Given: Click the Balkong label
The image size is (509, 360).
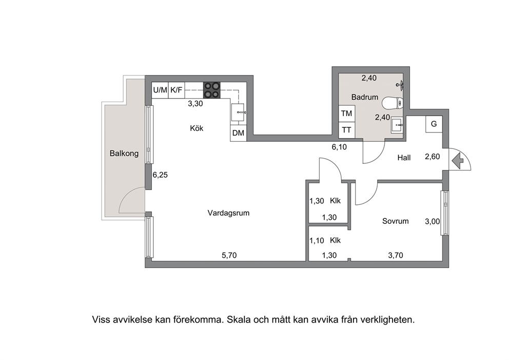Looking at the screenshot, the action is (124, 154).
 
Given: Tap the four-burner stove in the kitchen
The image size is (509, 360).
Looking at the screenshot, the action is (212, 90).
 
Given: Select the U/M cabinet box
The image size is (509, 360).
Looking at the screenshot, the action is (160, 90).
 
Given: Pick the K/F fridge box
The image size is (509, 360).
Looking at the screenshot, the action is (177, 90).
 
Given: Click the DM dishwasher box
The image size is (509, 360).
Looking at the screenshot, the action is (238, 133).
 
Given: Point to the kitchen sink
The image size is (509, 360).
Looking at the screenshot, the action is (239, 113).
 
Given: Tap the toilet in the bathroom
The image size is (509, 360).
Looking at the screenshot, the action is (393, 104).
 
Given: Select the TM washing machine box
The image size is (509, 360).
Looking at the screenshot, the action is (347, 113).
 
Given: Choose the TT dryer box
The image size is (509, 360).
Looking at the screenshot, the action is (347, 130).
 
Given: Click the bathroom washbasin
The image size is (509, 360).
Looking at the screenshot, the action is (397, 125).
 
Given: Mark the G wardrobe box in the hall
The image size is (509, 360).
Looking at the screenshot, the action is (434, 124).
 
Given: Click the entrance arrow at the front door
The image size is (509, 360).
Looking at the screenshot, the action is (457, 161).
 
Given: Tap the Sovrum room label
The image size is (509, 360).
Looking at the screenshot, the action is (396, 221).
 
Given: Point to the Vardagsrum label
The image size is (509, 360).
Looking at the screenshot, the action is (228, 213).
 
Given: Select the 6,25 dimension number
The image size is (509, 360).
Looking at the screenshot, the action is (160, 175).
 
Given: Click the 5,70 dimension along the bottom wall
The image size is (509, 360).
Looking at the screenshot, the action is (229, 255).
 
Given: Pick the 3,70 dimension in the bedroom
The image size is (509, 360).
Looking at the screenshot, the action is (396, 255).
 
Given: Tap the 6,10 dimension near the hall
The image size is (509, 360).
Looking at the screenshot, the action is (339, 147).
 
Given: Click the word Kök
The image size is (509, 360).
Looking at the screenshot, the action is (197, 128).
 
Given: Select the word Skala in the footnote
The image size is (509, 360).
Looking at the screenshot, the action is (239, 320).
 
